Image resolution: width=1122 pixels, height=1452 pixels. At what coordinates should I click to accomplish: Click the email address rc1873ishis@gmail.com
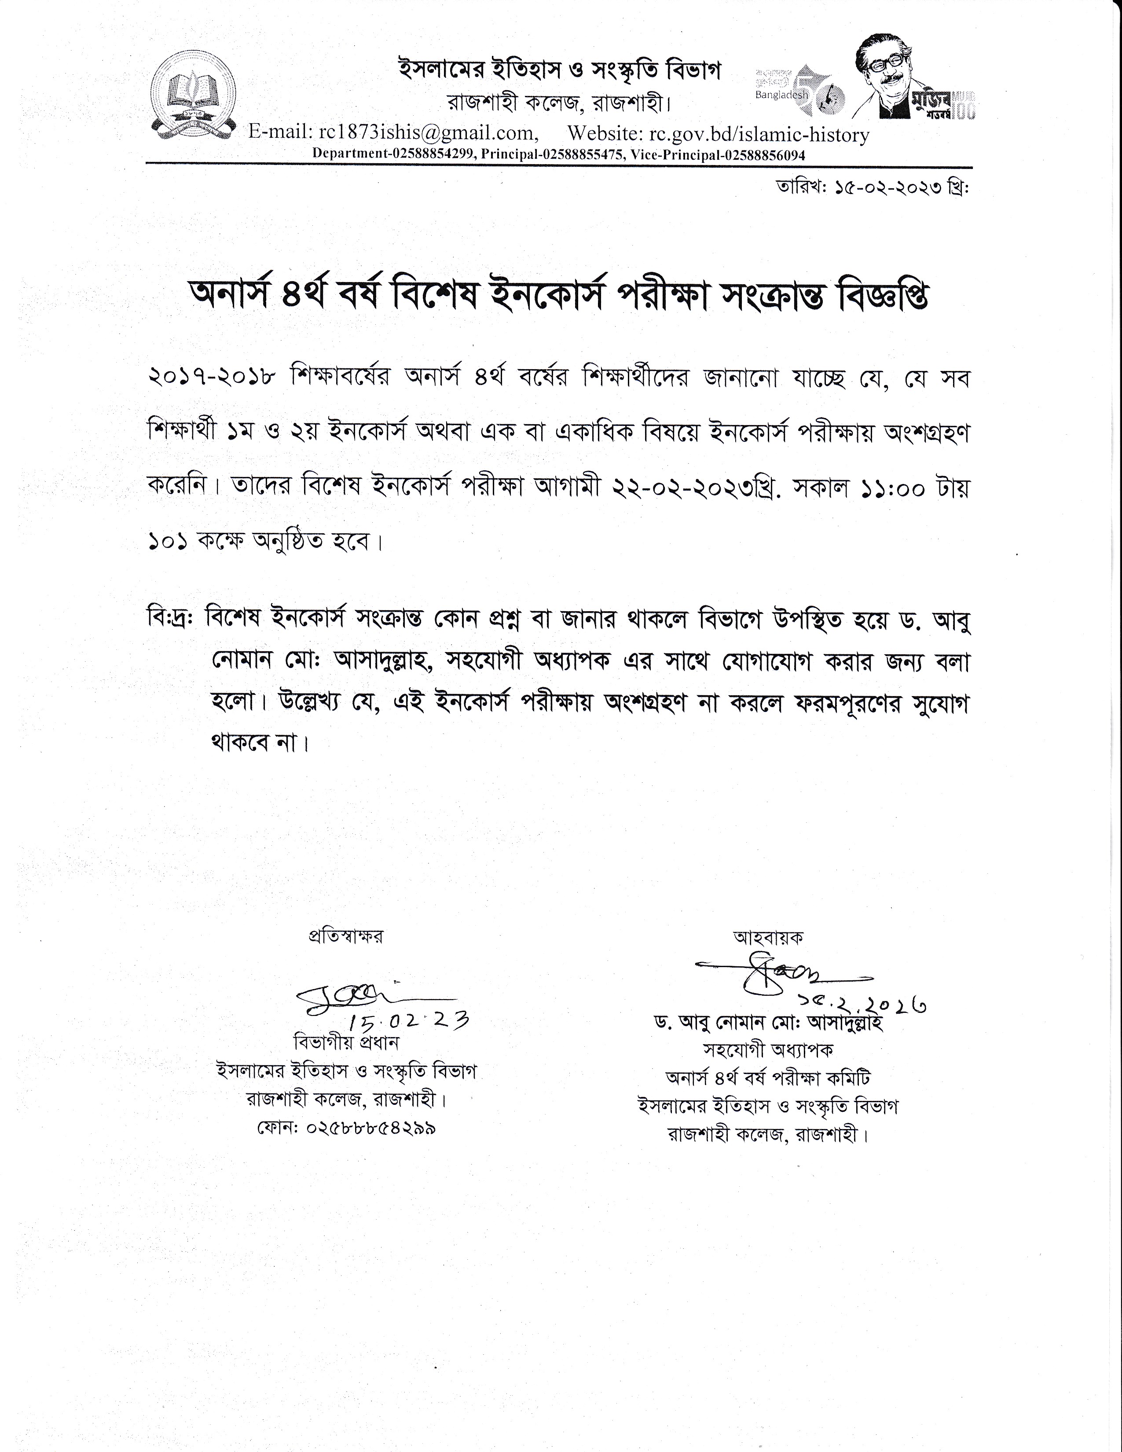427,134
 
